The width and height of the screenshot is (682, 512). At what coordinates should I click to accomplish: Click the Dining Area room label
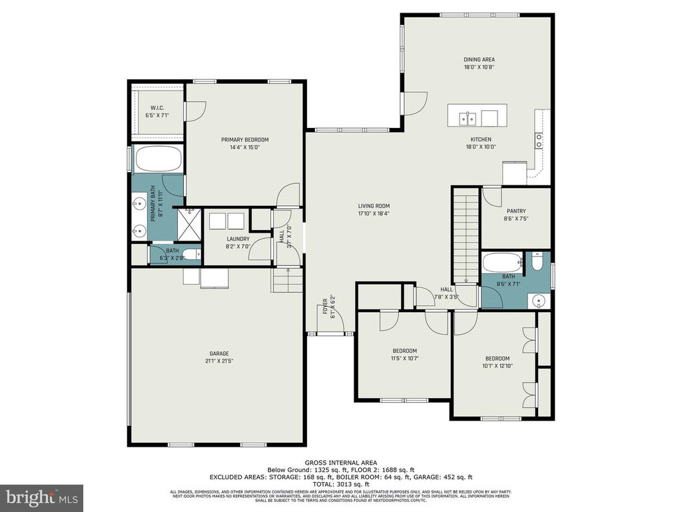pos(479,59)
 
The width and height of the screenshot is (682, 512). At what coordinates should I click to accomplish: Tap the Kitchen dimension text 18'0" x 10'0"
pos(480,147)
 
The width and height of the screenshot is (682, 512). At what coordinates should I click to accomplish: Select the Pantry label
pos(516,210)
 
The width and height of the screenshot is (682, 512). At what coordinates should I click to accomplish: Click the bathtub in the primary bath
pos(159,160)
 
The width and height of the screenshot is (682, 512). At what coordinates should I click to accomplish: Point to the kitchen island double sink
pos(469,119)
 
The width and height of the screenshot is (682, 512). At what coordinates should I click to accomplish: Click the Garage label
pos(219,353)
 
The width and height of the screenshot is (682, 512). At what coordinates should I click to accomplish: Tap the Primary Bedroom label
pos(245,140)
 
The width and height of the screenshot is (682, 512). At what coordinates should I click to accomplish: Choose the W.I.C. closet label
pos(157,108)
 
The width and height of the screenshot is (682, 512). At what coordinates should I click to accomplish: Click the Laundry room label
pos(238,239)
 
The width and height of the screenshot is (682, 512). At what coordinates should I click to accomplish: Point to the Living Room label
pos(374,206)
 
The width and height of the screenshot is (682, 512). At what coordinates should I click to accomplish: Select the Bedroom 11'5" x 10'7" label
pos(404,351)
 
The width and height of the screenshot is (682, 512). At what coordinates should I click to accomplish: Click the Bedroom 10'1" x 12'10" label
pos(496,358)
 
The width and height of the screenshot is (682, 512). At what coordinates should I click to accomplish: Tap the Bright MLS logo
pos(41,497)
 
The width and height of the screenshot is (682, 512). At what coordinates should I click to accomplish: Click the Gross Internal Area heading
pos(341,463)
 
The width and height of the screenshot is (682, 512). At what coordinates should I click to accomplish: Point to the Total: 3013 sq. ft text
pos(341,485)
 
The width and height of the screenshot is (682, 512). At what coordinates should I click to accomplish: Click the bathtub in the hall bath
pos(502,261)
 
